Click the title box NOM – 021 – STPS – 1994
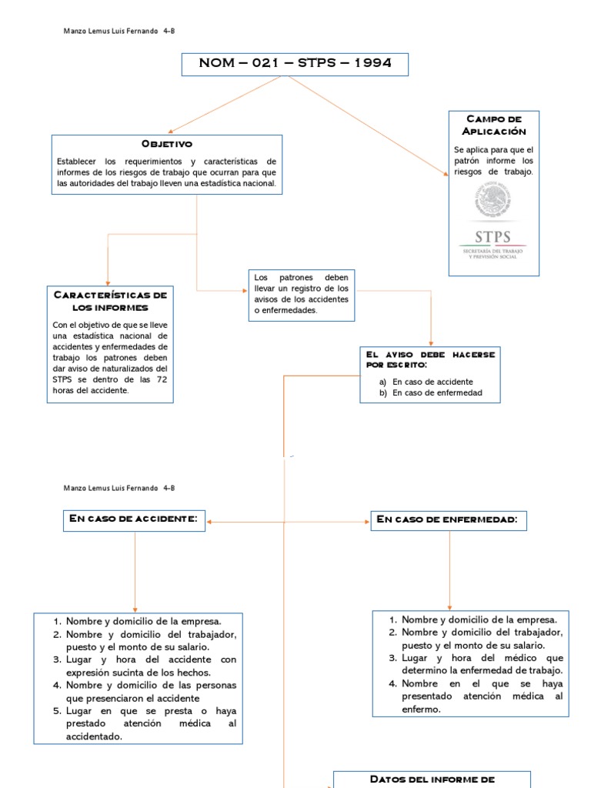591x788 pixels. click(295, 64)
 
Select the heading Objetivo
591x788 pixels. click(166, 145)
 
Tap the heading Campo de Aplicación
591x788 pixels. click(494, 125)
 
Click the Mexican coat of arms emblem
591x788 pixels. click(494, 201)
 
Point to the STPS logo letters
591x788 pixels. click(494, 237)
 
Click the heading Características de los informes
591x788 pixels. click(110, 301)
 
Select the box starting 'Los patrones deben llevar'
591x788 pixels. click(301, 294)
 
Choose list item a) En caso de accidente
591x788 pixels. click(432, 382)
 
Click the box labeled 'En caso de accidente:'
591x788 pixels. click(135, 520)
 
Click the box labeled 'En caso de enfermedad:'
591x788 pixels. click(449, 521)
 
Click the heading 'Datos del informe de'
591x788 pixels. click(432, 779)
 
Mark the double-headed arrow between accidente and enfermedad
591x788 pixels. click(289, 522)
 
